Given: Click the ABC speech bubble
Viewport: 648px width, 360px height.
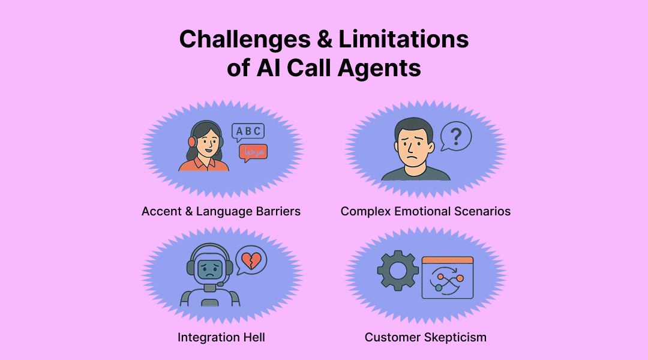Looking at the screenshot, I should click(248, 132).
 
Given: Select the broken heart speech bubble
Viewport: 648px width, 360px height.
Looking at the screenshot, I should click(251, 260).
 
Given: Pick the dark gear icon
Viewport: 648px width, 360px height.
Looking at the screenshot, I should click(397, 271).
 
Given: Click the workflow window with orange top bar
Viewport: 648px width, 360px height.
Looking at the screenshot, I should click(447, 277).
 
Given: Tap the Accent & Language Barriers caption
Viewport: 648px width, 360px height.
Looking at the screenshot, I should click(221, 211).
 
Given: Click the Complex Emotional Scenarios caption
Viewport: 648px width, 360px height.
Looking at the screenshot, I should click(425, 211).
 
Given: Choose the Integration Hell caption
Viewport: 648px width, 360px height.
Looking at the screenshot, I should click(221, 337).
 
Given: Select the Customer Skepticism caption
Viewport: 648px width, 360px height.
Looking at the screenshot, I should click(425, 337).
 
